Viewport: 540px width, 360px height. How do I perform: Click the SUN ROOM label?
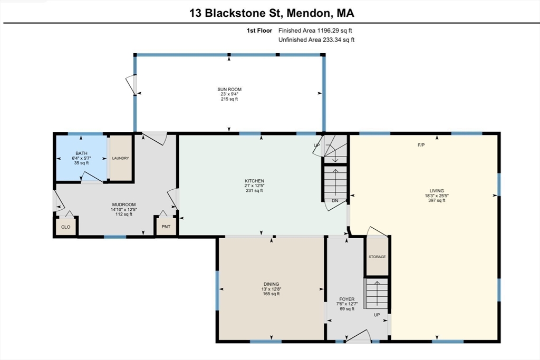[x=229, y=90]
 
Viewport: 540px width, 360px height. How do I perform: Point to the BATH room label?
[x=81, y=153]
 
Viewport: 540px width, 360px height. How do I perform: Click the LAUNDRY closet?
[x=120, y=158]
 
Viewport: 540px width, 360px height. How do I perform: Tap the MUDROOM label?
[x=124, y=205]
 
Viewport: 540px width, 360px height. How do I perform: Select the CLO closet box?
[x=66, y=227]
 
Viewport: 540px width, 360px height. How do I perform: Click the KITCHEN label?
[x=255, y=181]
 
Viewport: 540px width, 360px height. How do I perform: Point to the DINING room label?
[x=272, y=284]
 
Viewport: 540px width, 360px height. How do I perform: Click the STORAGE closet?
[x=377, y=257]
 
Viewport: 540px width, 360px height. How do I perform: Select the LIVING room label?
[x=437, y=191]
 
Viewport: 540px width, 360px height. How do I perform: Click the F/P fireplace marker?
[x=421, y=144]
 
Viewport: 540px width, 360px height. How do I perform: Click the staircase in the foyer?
[x=377, y=295]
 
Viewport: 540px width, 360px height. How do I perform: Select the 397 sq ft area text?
[x=437, y=200]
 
